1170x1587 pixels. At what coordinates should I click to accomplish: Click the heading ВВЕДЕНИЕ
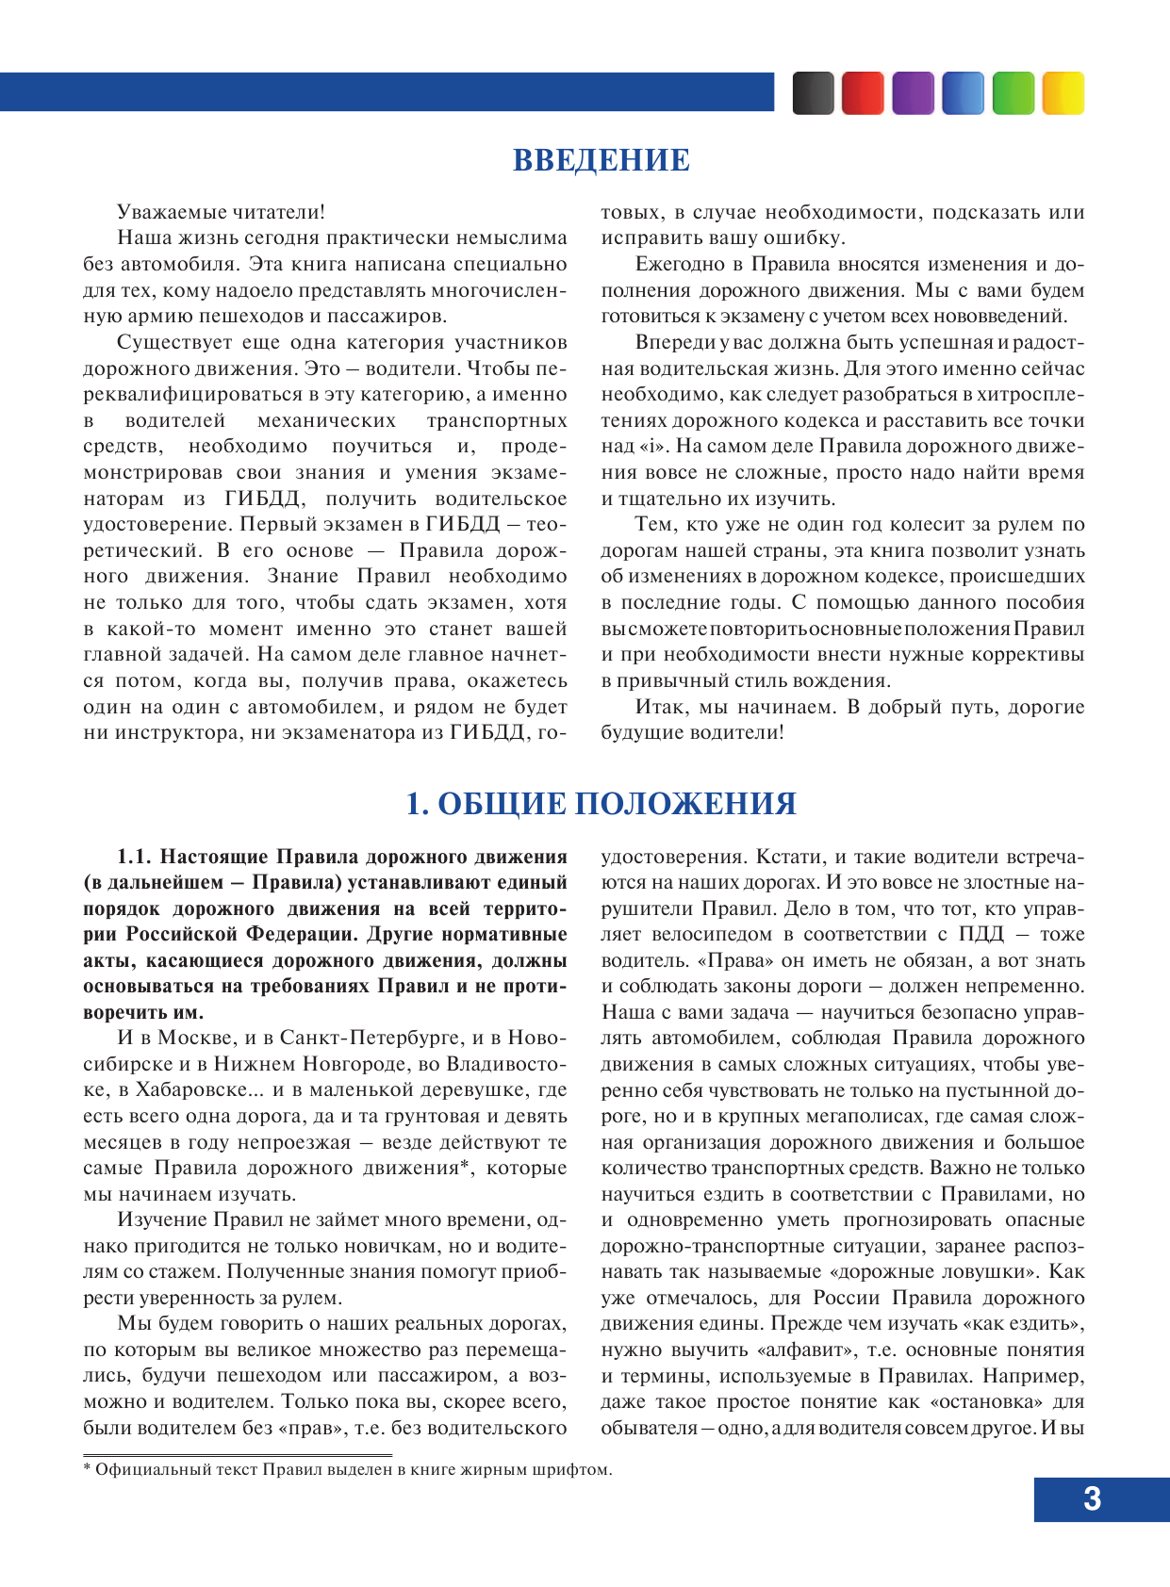(x=601, y=160)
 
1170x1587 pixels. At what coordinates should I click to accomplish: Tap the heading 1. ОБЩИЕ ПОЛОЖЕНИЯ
(x=601, y=804)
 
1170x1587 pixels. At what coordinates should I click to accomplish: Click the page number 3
(x=1092, y=1498)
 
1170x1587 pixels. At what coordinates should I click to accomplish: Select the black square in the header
(x=813, y=93)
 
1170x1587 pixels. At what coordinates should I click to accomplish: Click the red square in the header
(x=863, y=93)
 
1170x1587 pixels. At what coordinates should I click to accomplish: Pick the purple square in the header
(x=913, y=93)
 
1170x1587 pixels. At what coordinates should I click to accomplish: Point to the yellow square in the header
(x=1063, y=93)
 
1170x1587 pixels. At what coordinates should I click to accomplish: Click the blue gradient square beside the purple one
(x=963, y=93)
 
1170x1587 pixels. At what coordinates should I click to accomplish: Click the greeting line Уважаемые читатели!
(x=222, y=212)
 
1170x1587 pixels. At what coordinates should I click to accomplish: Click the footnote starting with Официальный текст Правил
(x=348, y=1469)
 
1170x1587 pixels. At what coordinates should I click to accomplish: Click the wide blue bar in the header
(x=387, y=92)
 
